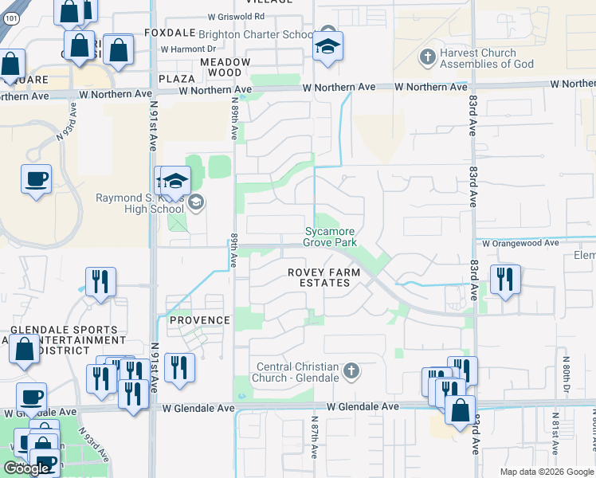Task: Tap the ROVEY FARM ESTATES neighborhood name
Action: coord(323,277)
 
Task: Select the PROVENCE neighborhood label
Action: coord(199,320)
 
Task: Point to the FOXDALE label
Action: coord(170,33)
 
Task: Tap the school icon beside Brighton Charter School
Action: coord(327,46)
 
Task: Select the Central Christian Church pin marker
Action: coord(351,370)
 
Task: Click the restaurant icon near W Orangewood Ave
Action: coord(505,279)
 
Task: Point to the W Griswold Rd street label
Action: coord(236,16)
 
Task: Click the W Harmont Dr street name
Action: coord(188,49)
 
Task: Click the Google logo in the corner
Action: coord(25,468)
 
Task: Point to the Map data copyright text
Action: coord(547,472)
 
